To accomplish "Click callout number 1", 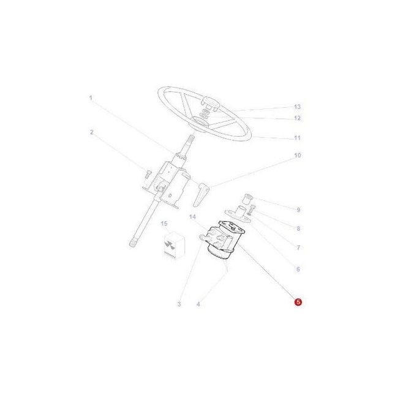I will (90, 98).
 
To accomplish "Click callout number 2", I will (91, 132).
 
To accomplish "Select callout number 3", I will (179, 304).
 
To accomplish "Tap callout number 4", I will (198, 304).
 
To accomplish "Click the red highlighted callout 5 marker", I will (298, 302).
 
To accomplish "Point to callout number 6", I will (298, 269).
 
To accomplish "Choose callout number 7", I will (298, 248).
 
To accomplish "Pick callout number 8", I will (298, 229).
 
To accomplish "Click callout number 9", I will (298, 210).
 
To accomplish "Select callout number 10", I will (298, 156).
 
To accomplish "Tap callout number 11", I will (298, 138).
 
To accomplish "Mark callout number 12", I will (298, 118).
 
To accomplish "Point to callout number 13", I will (298, 107).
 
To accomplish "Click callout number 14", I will (192, 217).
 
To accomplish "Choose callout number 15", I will (164, 224).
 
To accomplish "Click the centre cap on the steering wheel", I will (210, 105).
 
